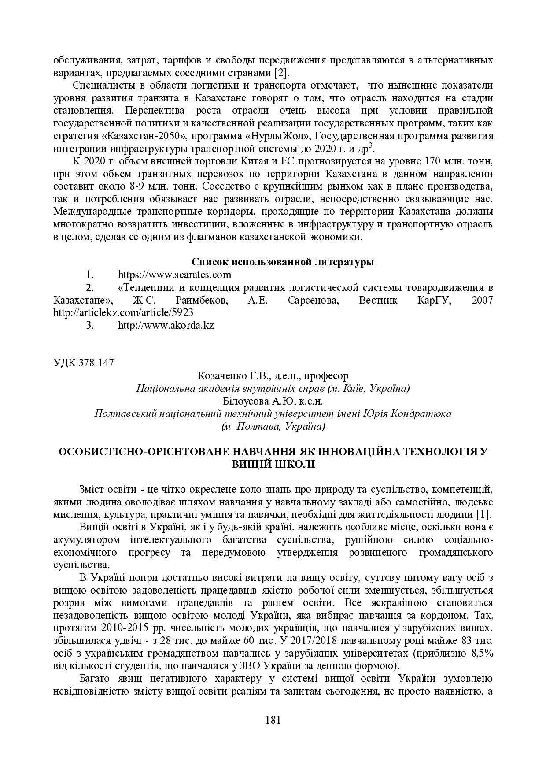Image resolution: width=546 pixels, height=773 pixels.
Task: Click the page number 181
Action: tap(273, 720)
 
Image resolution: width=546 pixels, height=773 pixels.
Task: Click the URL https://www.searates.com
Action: tap(174, 275)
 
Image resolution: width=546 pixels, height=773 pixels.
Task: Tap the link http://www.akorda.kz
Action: tap(166, 326)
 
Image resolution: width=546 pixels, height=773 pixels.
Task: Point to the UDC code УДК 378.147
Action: tap(84, 363)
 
